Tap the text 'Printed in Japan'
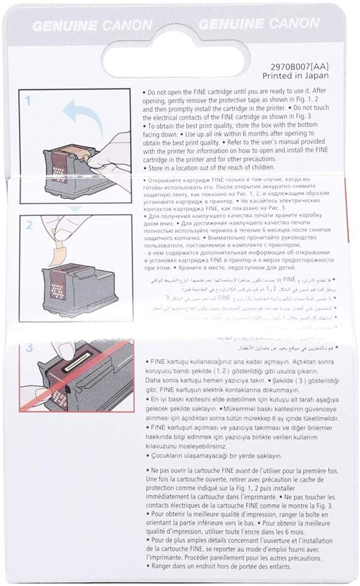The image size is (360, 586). (x=296, y=76)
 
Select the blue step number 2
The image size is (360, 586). (x=29, y=225)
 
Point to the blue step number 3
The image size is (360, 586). (x=29, y=348)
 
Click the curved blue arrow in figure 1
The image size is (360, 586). (x=82, y=114)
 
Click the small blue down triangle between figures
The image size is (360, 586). (x=76, y=208)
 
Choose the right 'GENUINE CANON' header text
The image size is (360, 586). (x=259, y=24)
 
